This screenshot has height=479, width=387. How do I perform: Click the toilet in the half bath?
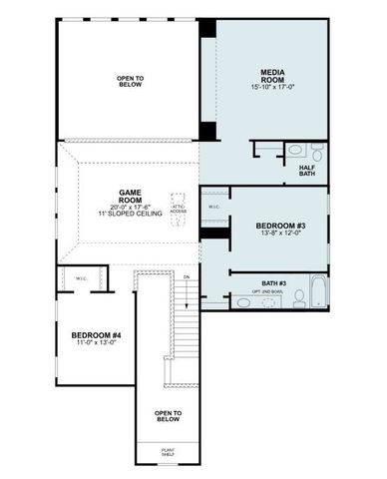[x=316, y=153]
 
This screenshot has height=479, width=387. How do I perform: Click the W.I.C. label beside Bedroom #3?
[x=213, y=208]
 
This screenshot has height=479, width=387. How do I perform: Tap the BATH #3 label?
[x=274, y=283]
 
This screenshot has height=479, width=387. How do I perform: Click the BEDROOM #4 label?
[x=96, y=334]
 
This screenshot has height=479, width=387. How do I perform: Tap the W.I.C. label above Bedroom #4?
[x=81, y=279]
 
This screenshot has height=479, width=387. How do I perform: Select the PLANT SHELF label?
[x=169, y=452]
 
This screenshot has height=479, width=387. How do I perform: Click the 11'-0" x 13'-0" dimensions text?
[x=96, y=344]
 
